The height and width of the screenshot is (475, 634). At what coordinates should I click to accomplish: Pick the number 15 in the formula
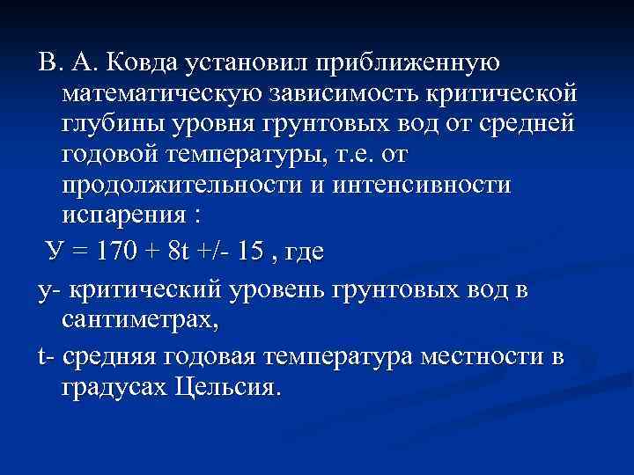point(247,253)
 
